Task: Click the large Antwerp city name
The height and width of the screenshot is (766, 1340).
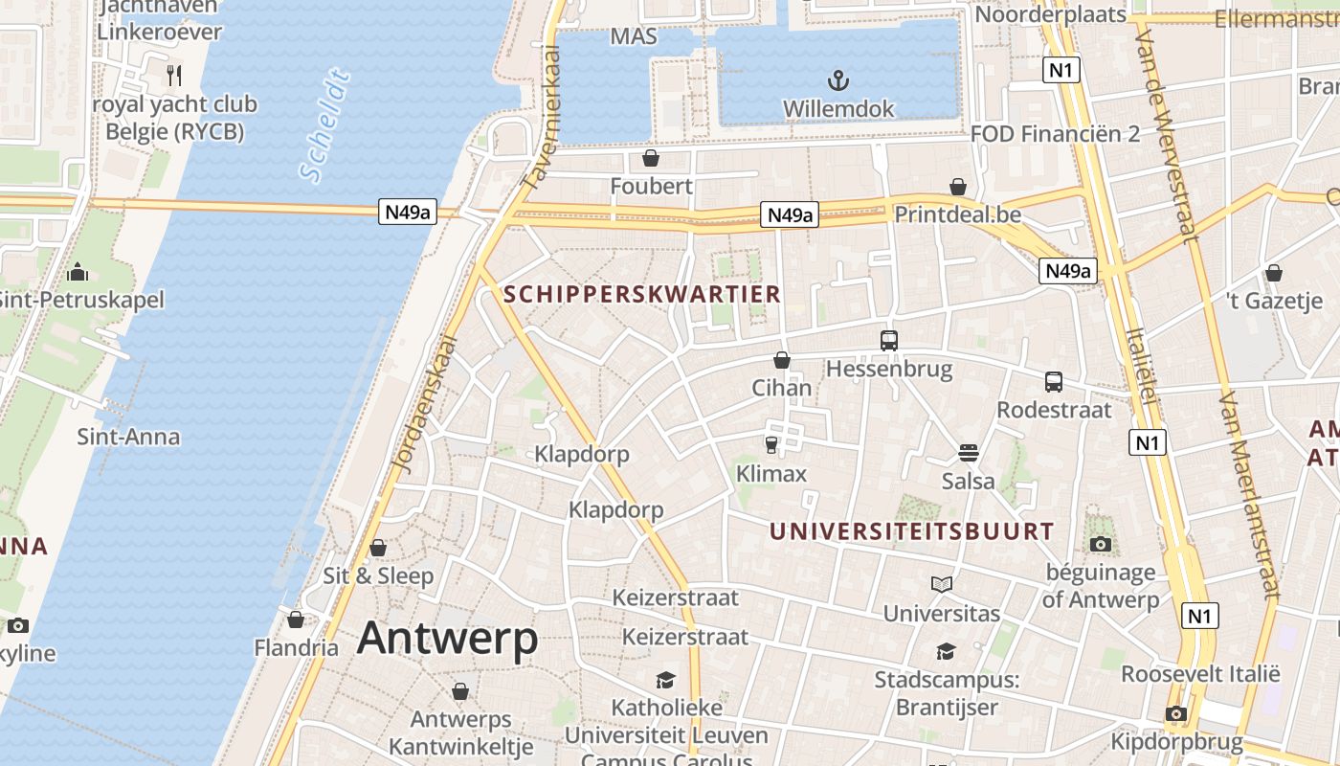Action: click(447, 639)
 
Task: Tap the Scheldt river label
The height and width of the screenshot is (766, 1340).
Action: click(324, 125)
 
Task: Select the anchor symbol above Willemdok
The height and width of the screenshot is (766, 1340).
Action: click(838, 79)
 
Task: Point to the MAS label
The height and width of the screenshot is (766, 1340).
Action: click(634, 36)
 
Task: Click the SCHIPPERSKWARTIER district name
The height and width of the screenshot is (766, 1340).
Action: click(642, 294)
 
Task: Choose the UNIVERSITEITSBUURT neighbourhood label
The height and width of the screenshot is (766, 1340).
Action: click(912, 531)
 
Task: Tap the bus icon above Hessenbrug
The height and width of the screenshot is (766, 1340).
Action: click(889, 340)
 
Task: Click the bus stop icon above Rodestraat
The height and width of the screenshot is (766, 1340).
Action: click(1054, 381)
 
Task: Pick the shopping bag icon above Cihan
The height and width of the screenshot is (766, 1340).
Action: click(782, 360)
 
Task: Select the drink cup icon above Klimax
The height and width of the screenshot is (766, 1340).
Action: click(770, 444)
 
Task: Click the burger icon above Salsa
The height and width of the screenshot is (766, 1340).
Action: click(969, 452)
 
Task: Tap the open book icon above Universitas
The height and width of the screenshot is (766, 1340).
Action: click(942, 584)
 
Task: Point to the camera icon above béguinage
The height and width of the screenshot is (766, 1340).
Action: click(1101, 544)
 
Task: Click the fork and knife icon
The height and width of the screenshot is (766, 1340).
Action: click(174, 75)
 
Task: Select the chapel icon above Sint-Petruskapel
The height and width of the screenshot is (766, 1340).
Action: click(78, 273)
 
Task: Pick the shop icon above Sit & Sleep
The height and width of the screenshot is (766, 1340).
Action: click(378, 548)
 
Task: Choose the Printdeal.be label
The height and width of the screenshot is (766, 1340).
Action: click(958, 214)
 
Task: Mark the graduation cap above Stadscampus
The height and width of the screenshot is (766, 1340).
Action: click(946, 651)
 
